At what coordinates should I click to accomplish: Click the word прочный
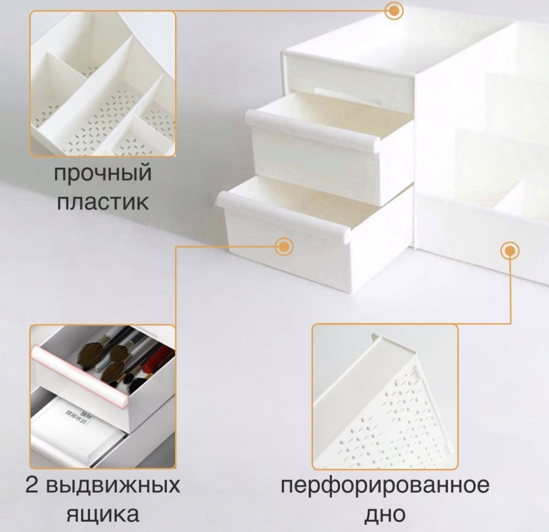click(x=102, y=174)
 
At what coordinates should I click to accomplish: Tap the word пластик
click(x=103, y=202)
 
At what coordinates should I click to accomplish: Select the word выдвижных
click(x=113, y=486)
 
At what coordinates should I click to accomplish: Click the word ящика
click(x=103, y=514)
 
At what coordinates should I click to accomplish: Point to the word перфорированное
click(x=385, y=486)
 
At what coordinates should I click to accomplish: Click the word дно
click(x=385, y=514)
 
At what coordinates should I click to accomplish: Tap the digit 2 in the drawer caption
click(x=32, y=485)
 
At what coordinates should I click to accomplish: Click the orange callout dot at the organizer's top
click(x=394, y=11)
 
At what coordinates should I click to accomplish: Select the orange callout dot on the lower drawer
click(x=284, y=246)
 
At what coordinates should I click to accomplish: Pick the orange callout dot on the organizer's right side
click(x=510, y=251)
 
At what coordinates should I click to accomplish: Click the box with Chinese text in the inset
click(x=75, y=422)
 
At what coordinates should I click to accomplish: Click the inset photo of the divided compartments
click(x=102, y=84)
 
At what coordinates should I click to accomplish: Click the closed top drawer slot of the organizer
click(x=348, y=81)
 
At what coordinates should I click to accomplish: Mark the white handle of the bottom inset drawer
click(x=77, y=451)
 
